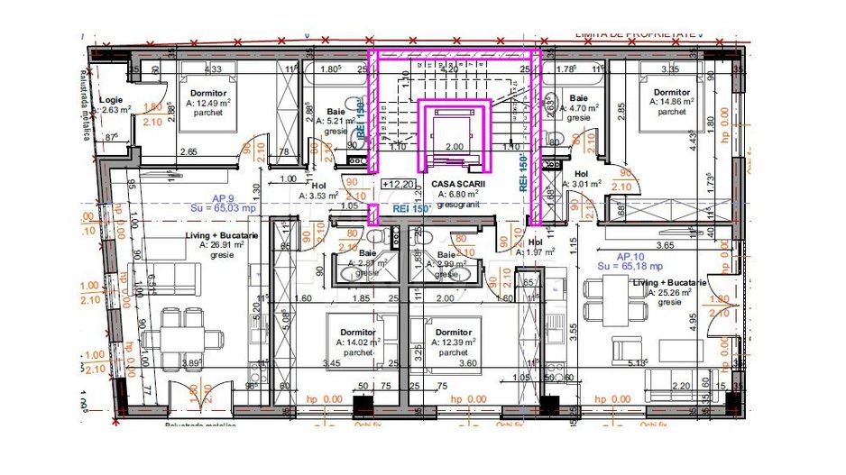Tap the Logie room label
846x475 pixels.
tap(111, 100)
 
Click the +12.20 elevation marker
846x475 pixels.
tap(398, 183)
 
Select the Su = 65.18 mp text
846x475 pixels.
tap(630, 266)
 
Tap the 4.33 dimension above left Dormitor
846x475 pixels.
tap(214, 69)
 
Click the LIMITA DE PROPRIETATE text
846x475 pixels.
tap(635, 33)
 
